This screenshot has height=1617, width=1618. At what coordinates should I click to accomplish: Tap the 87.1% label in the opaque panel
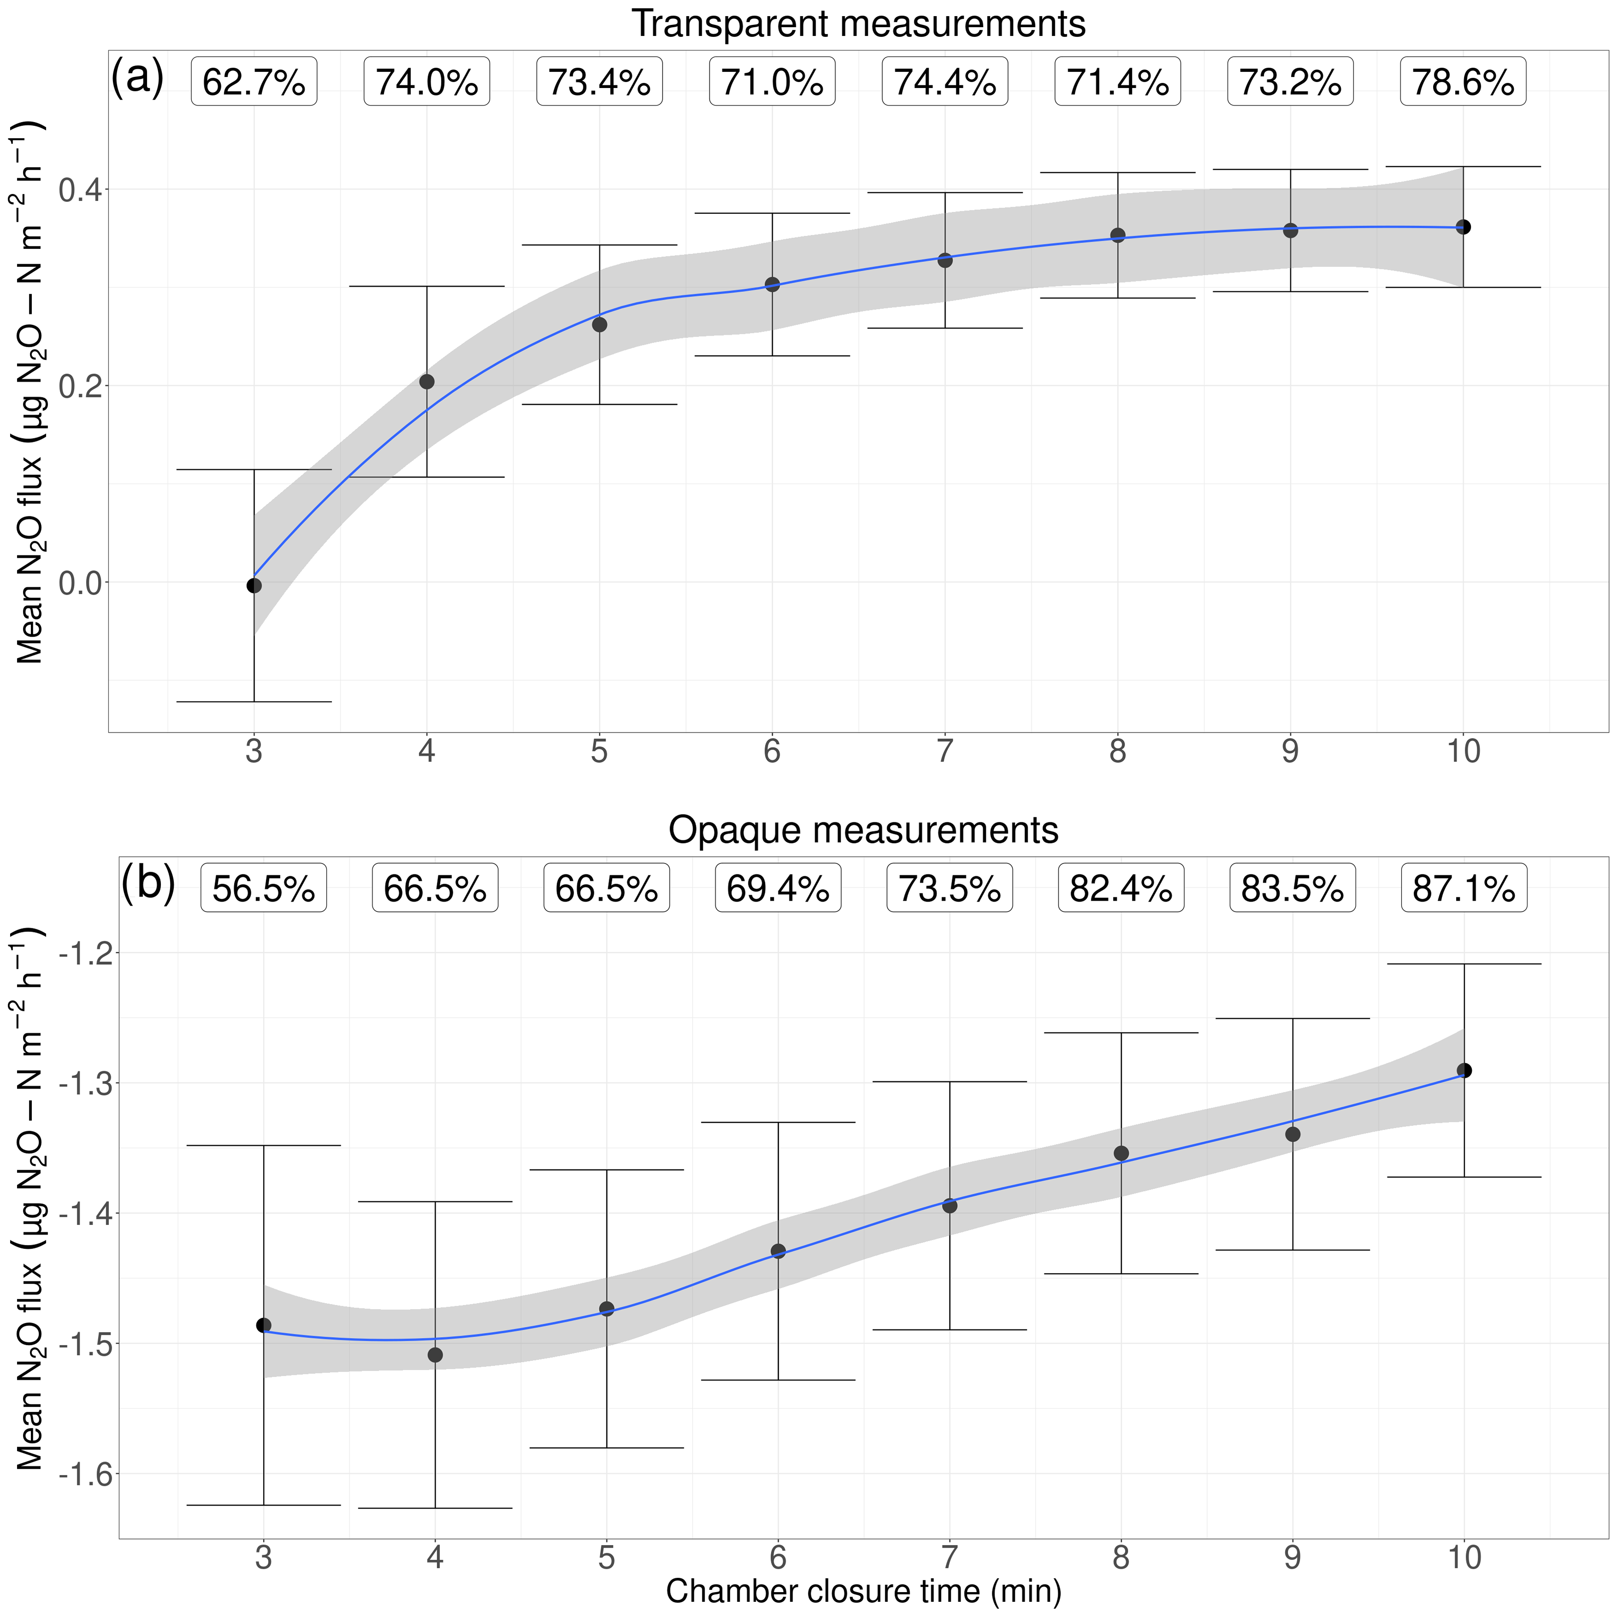coord(1464,888)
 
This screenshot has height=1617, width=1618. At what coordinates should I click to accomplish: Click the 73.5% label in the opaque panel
coord(950,888)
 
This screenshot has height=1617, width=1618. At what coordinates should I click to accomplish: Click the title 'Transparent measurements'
coord(859,24)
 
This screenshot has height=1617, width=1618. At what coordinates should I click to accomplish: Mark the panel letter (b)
coord(148,884)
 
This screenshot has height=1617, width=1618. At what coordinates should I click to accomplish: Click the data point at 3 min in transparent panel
coord(254,585)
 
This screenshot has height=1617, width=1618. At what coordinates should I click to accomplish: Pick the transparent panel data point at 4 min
coord(426,382)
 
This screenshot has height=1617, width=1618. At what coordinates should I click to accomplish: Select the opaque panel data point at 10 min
coord(1464,1070)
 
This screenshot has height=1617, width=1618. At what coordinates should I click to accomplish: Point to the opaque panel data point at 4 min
coord(435,1355)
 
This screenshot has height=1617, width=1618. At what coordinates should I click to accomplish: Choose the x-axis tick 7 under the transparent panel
coord(945,752)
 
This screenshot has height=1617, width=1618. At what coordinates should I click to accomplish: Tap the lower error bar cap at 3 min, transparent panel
coord(254,702)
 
